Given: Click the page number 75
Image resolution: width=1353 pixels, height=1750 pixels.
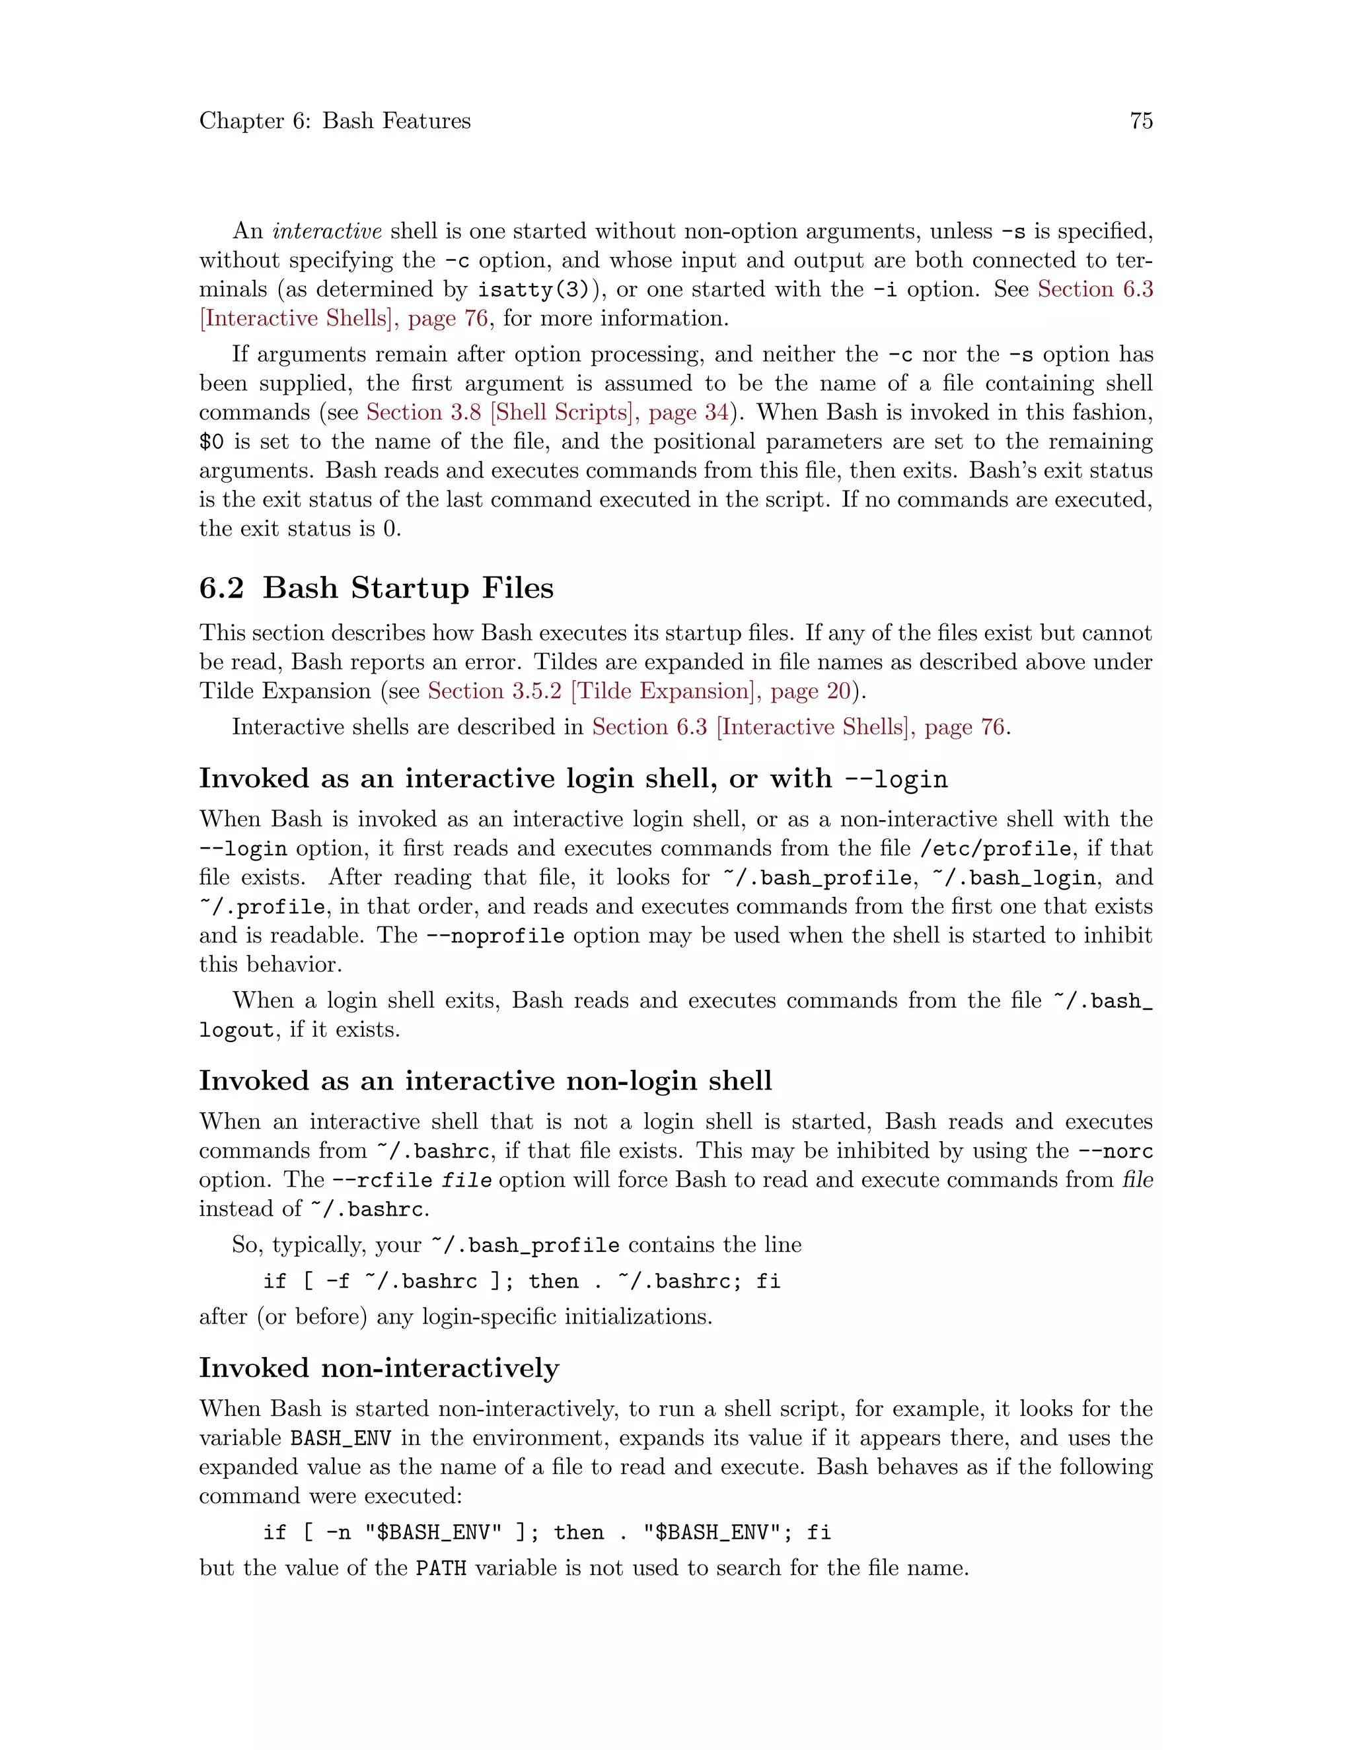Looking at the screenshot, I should (1140, 121).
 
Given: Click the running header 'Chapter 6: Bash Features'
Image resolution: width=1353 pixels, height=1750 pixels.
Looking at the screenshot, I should (335, 121).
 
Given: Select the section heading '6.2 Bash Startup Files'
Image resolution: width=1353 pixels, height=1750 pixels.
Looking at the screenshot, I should (376, 588).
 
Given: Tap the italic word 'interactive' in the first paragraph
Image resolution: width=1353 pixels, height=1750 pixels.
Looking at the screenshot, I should (327, 232).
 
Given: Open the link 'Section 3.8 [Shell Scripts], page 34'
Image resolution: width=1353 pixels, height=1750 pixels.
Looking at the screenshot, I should (548, 413).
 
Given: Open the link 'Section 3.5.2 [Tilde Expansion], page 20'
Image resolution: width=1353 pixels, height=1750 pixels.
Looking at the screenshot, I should (639, 691).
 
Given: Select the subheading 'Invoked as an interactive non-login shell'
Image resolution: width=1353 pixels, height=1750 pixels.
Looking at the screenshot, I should (485, 1081).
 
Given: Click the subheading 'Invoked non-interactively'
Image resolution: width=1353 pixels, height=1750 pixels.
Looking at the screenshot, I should (379, 1368).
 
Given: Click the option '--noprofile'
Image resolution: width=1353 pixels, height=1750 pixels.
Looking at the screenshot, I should (495, 936).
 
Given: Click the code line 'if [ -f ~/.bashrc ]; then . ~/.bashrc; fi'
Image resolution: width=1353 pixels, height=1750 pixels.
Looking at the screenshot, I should (521, 1281).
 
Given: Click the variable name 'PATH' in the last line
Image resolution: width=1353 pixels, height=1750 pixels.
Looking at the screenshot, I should (441, 1568).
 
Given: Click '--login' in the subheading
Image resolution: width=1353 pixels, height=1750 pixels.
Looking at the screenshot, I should (896, 780).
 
